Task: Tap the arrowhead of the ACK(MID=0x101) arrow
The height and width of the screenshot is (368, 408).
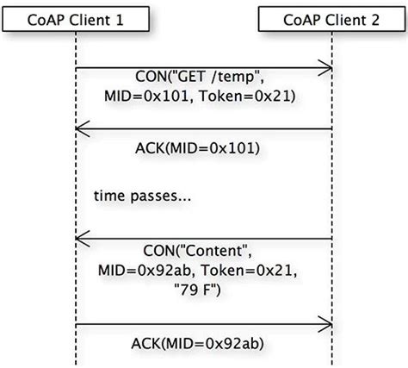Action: (x=80, y=130)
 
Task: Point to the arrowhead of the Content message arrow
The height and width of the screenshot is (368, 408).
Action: (x=80, y=239)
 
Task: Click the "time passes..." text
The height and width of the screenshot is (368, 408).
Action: (x=142, y=197)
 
